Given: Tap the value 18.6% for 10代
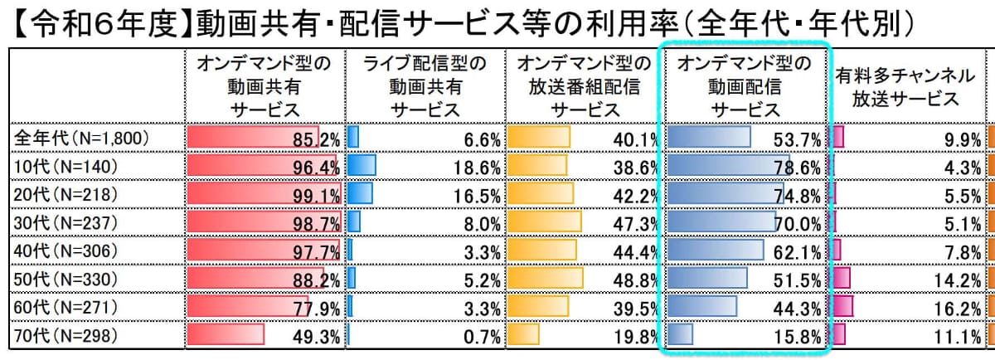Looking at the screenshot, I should point(476,167).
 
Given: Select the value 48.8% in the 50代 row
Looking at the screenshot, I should point(635,280).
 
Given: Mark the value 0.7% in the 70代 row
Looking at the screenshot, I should point(481,337).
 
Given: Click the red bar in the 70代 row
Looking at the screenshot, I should point(226,335).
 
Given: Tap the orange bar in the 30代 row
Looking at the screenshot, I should point(544,222).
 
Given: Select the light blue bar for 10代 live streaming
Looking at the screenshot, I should point(362,166).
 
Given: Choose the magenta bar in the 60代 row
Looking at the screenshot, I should point(842,307).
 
